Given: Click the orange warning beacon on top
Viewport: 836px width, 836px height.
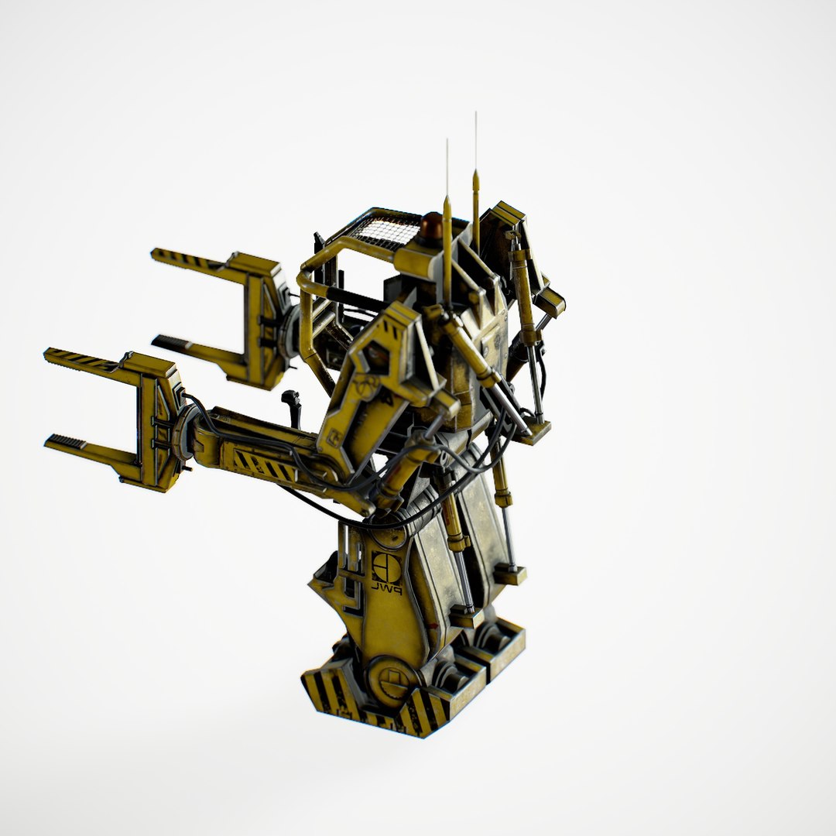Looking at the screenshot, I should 432,226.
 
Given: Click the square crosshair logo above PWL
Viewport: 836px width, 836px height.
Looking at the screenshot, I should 385,567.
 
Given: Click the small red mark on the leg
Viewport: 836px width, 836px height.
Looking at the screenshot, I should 434,625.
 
